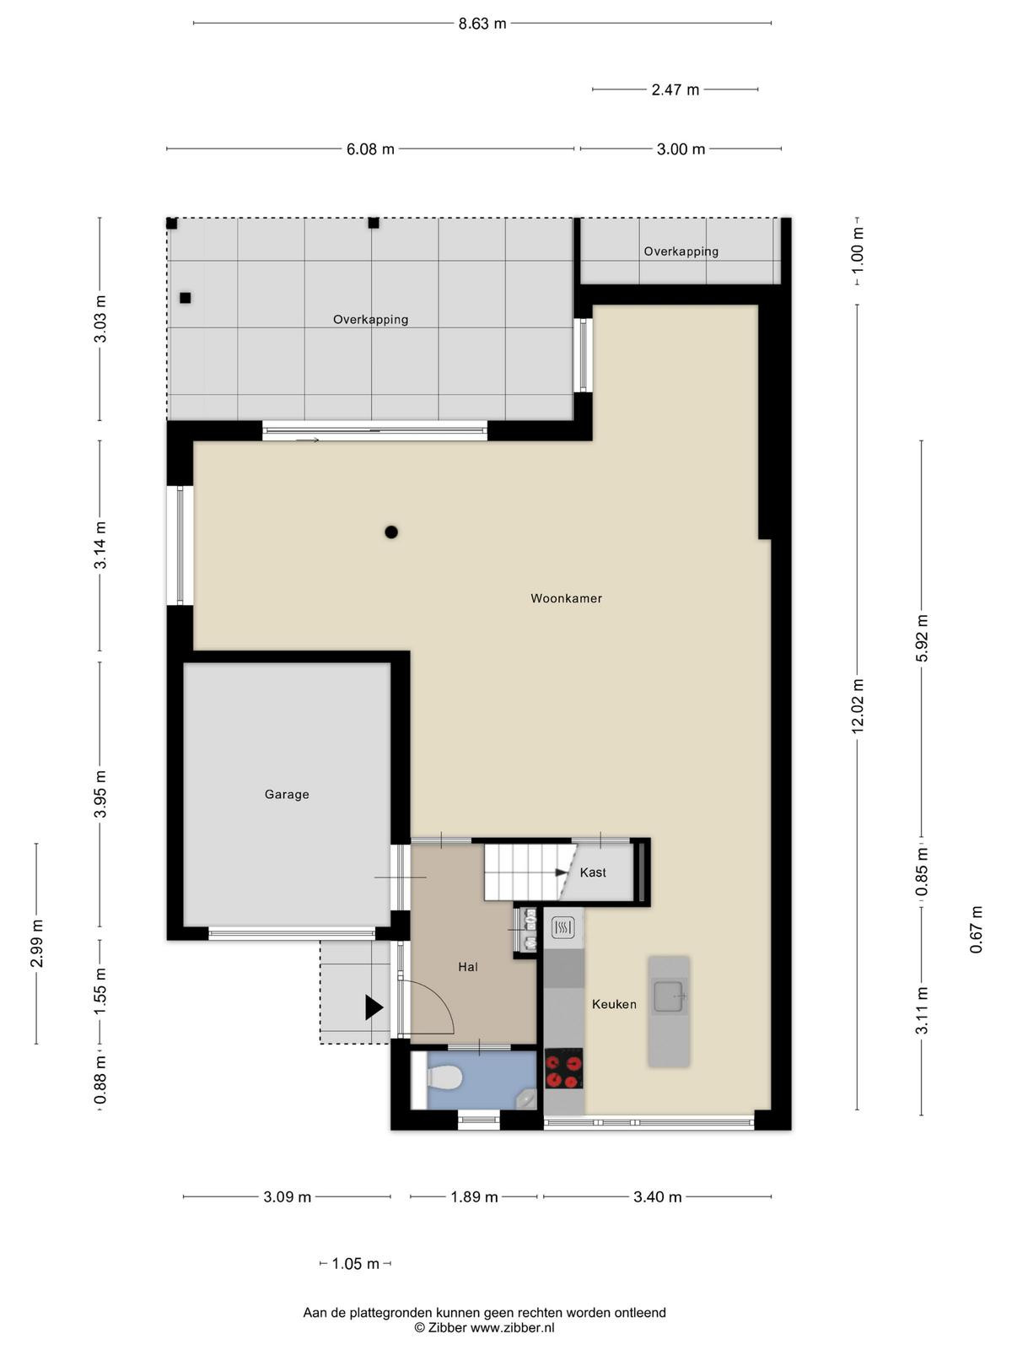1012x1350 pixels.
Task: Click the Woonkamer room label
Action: coord(566,598)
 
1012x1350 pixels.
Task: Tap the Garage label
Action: coord(287,794)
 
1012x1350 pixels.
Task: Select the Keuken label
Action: coord(614,1004)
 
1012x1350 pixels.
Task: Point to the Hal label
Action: coord(467,967)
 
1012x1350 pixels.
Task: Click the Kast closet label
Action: coord(592,872)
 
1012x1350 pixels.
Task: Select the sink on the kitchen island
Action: coord(669,996)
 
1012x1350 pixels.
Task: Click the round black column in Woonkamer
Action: coord(390,532)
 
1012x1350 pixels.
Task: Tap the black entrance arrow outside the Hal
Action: coord(374,1007)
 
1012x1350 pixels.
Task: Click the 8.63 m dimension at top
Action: coord(482,24)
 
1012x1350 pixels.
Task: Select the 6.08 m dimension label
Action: coord(370,148)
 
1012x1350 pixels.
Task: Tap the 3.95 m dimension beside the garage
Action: coord(100,794)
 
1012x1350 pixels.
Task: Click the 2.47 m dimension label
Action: coord(676,89)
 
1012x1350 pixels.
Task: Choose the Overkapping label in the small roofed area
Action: coord(681,251)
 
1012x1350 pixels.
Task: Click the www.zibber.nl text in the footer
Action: coord(513,1327)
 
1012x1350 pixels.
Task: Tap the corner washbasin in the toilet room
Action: coord(527,1098)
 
